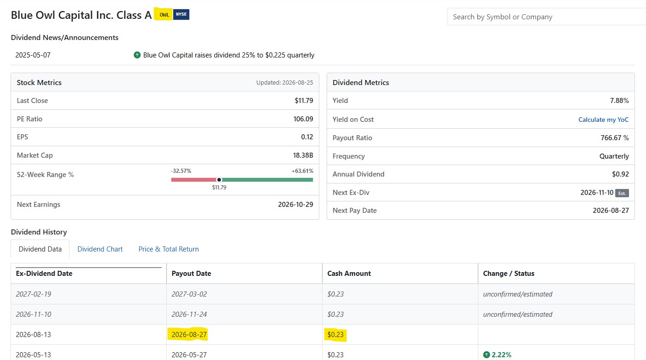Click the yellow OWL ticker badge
point(164,14)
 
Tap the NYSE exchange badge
point(181,14)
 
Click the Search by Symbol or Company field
point(546,17)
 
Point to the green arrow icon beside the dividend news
point(137,55)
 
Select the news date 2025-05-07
point(33,55)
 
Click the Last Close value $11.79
point(304,101)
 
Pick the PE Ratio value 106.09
point(303,119)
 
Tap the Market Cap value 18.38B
point(303,155)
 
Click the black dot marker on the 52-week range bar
point(219,180)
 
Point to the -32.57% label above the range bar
point(181,171)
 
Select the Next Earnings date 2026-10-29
point(295,205)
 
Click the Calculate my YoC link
point(603,120)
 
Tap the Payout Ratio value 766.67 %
point(615,138)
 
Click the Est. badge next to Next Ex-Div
point(622,193)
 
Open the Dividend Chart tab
point(100,249)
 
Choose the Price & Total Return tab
point(169,249)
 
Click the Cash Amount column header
point(349,274)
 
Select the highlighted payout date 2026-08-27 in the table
point(189,335)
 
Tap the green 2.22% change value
point(501,355)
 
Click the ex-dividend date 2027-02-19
point(34,294)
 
